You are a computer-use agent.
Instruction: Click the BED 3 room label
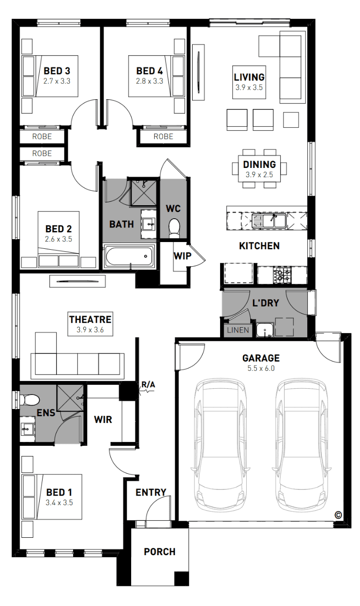tap(57, 71)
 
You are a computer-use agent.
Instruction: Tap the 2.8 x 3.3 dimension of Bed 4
tap(150, 81)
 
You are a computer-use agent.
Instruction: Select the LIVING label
tap(249, 77)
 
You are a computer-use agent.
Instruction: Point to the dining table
tap(259, 169)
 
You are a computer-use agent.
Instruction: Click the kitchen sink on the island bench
tap(269, 221)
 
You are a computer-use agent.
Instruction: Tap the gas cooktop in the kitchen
tap(282, 275)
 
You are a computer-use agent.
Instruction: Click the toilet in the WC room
tap(174, 228)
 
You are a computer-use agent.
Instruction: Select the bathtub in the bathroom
tap(129, 256)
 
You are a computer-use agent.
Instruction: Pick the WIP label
tap(182, 256)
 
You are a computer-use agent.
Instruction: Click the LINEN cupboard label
tap(238, 330)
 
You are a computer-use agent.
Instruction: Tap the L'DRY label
tap(266, 303)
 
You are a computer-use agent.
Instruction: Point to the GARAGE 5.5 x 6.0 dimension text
tap(261, 368)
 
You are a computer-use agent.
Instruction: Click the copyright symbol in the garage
tap(338, 515)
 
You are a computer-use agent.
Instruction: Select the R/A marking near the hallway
tap(149, 384)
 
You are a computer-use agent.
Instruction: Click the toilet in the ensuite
tap(30, 400)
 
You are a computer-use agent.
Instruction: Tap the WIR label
tap(103, 420)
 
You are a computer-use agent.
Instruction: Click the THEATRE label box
tap(90, 324)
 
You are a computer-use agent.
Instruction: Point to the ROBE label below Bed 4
tap(164, 136)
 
